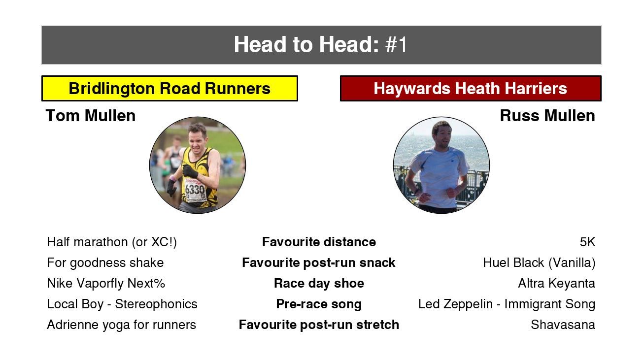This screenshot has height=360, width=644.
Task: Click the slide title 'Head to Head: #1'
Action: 320,44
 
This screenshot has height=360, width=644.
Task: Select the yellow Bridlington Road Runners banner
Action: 169,89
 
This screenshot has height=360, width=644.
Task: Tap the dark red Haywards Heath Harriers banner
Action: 471,89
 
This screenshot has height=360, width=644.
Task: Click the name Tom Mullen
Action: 91,116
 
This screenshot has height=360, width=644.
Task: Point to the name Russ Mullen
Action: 547,116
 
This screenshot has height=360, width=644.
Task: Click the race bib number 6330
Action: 195,190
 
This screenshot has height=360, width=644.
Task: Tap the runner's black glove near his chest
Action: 190,171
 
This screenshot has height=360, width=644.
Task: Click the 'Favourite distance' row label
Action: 319,242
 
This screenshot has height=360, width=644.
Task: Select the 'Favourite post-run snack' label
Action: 318,262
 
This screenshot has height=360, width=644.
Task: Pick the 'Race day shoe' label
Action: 319,283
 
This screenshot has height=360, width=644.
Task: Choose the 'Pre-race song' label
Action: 319,304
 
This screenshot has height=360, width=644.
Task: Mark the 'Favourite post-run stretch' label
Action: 319,325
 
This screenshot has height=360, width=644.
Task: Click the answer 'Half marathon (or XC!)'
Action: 112,242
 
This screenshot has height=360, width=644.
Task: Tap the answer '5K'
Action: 587,242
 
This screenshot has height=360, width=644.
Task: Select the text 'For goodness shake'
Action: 105,263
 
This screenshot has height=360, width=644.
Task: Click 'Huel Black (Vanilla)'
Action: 539,263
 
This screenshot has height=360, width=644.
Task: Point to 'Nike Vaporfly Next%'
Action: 106,284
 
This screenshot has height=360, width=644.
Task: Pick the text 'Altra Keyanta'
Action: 557,284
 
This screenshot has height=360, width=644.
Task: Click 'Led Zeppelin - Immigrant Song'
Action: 507,304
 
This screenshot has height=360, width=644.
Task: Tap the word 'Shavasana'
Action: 563,325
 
